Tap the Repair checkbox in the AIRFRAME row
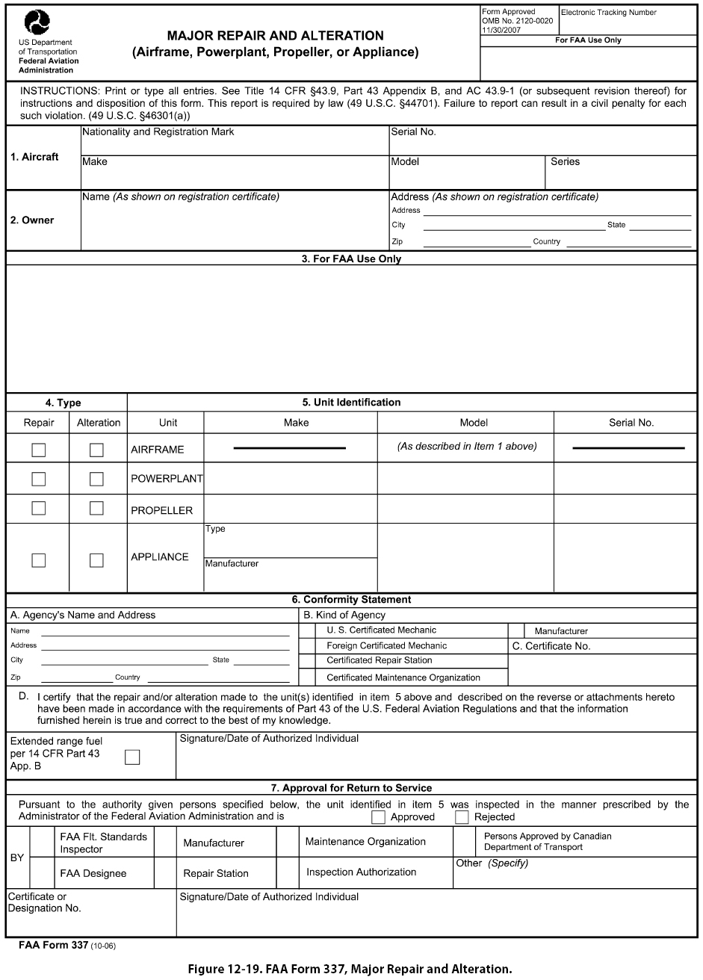coord(38,450)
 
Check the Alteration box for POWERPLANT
coord(96,479)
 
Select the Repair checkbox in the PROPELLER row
coord(38,508)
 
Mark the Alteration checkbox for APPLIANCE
coord(96,560)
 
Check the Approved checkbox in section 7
coord(379,816)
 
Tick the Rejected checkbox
coord(462,816)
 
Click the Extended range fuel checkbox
coord(132,757)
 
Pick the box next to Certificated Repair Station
coord(307,661)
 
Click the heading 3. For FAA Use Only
coord(351,259)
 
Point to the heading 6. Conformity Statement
coord(351,599)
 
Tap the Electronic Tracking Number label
coord(608,13)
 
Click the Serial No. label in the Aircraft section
coord(413,132)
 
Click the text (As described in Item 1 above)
coord(466,447)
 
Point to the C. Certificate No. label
coord(551,646)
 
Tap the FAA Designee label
coord(93,873)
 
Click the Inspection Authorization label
coord(361,872)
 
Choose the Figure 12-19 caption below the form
coord(351,969)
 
